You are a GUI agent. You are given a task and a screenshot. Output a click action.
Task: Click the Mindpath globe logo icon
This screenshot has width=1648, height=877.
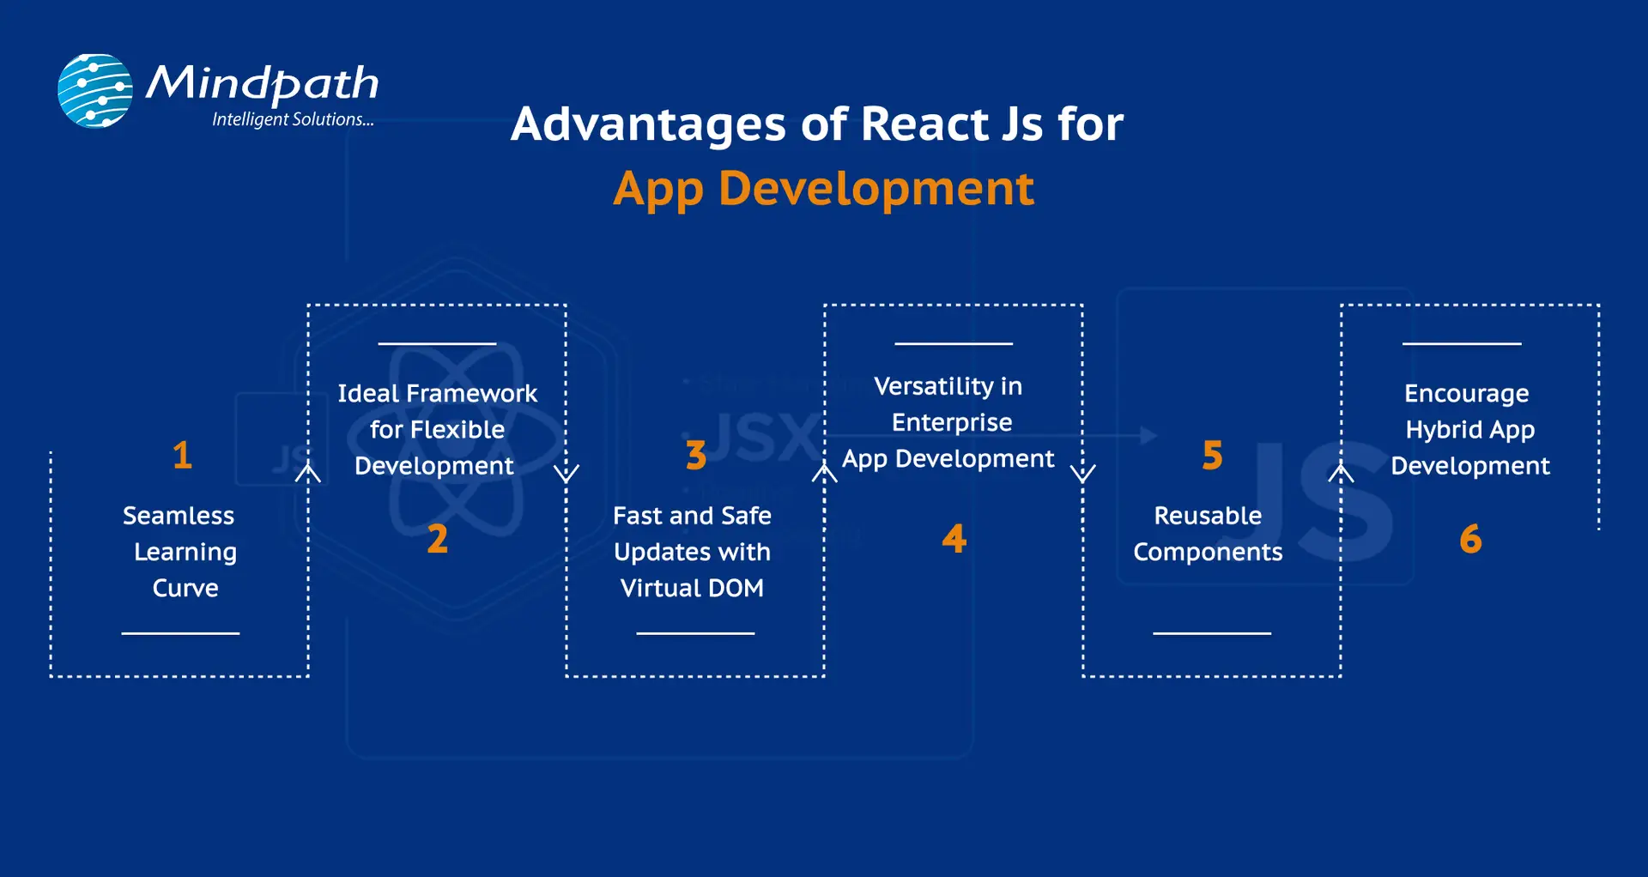point(95,91)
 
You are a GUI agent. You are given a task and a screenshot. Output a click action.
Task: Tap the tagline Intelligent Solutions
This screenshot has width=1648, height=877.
point(292,119)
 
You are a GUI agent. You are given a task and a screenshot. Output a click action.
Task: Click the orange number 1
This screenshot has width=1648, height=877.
point(182,455)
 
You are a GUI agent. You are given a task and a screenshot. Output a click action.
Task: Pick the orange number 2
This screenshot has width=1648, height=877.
point(438,539)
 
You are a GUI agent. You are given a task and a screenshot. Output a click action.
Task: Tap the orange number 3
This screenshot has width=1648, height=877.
point(696,455)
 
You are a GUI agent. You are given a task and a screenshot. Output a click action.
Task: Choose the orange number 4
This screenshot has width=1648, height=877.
point(954,539)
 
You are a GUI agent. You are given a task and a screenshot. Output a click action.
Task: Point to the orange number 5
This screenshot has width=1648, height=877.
point(1212,455)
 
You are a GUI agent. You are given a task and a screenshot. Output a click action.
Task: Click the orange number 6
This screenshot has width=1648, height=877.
point(1470,539)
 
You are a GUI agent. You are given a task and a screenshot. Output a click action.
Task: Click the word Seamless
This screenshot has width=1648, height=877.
point(179,516)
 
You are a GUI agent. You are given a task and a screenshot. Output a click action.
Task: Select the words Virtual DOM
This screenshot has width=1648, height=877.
point(692,588)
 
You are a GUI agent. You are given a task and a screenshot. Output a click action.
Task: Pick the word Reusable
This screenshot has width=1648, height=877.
point(1208,516)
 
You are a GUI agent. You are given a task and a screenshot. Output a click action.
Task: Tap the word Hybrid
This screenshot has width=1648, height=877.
point(1444,430)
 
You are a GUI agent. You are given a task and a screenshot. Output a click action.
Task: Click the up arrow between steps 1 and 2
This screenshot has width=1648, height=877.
point(308,472)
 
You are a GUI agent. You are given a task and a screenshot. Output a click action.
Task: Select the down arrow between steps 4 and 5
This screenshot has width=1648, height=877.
point(1083,473)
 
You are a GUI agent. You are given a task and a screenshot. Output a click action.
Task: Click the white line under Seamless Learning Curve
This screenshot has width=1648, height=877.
point(180,633)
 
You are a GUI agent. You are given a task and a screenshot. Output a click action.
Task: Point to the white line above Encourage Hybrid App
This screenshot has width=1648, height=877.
point(1462,343)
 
